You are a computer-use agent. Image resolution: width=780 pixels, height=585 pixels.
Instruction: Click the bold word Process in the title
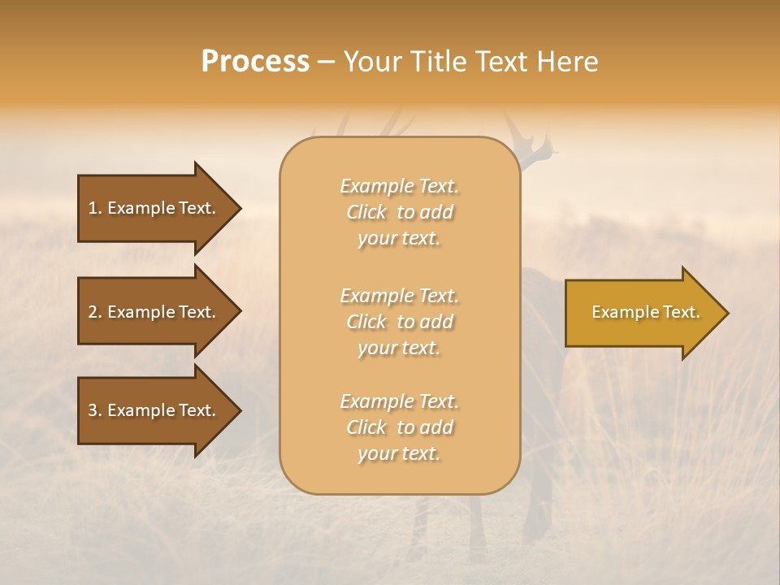click(x=255, y=62)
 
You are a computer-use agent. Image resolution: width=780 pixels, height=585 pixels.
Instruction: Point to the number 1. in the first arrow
click(x=95, y=208)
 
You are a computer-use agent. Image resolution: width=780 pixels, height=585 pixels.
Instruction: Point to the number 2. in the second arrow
click(x=95, y=312)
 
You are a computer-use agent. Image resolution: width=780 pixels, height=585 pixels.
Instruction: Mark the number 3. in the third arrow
click(x=95, y=410)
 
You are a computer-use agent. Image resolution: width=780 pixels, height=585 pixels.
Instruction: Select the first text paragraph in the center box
click(x=399, y=212)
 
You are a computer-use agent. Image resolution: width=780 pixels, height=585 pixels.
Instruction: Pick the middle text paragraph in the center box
click(x=399, y=322)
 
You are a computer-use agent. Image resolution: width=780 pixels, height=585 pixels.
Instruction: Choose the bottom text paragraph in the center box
click(x=399, y=427)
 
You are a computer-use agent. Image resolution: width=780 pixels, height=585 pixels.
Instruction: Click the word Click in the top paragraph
click(x=366, y=212)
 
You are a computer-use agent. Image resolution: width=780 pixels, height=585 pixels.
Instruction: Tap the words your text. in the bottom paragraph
click(x=399, y=454)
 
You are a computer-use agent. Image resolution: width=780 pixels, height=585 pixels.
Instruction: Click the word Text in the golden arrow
click(x=678, y=312)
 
